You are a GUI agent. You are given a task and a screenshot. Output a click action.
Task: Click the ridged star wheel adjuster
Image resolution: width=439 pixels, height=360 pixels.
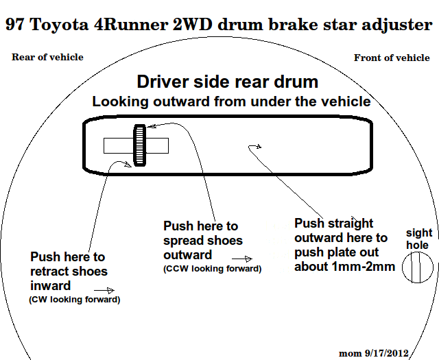140,145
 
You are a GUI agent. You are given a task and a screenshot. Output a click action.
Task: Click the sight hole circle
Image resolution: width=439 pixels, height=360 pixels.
418,267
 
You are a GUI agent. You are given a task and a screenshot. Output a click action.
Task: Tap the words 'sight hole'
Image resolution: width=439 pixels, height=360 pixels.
419,239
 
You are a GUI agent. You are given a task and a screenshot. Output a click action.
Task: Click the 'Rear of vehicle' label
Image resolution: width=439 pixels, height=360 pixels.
47,57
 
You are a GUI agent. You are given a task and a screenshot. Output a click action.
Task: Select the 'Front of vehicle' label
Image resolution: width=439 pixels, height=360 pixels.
392,58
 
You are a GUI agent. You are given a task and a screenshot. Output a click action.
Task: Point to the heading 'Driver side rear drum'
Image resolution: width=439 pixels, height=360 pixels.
227,82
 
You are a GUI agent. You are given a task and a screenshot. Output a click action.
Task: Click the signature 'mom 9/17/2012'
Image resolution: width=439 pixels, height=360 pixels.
373,353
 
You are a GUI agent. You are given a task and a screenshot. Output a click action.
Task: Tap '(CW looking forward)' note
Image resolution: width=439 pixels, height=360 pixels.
75,300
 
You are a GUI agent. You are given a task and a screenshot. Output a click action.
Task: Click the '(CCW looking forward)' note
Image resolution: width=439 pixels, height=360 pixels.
212,269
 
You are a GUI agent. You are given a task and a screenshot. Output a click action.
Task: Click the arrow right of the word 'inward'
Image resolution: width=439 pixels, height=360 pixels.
104,291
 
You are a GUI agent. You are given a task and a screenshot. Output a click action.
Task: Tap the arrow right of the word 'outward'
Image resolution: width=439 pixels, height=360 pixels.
242,259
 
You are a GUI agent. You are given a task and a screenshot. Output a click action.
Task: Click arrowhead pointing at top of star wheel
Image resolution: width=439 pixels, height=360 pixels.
151,126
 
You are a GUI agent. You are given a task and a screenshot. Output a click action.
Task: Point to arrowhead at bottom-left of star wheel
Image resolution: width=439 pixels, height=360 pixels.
128,164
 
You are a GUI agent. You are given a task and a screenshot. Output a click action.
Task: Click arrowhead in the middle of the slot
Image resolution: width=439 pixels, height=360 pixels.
259,146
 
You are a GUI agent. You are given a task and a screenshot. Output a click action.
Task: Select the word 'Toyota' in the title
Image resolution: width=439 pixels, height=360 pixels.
59,25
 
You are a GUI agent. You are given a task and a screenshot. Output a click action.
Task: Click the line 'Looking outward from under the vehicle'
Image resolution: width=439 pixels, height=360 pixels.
232,101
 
